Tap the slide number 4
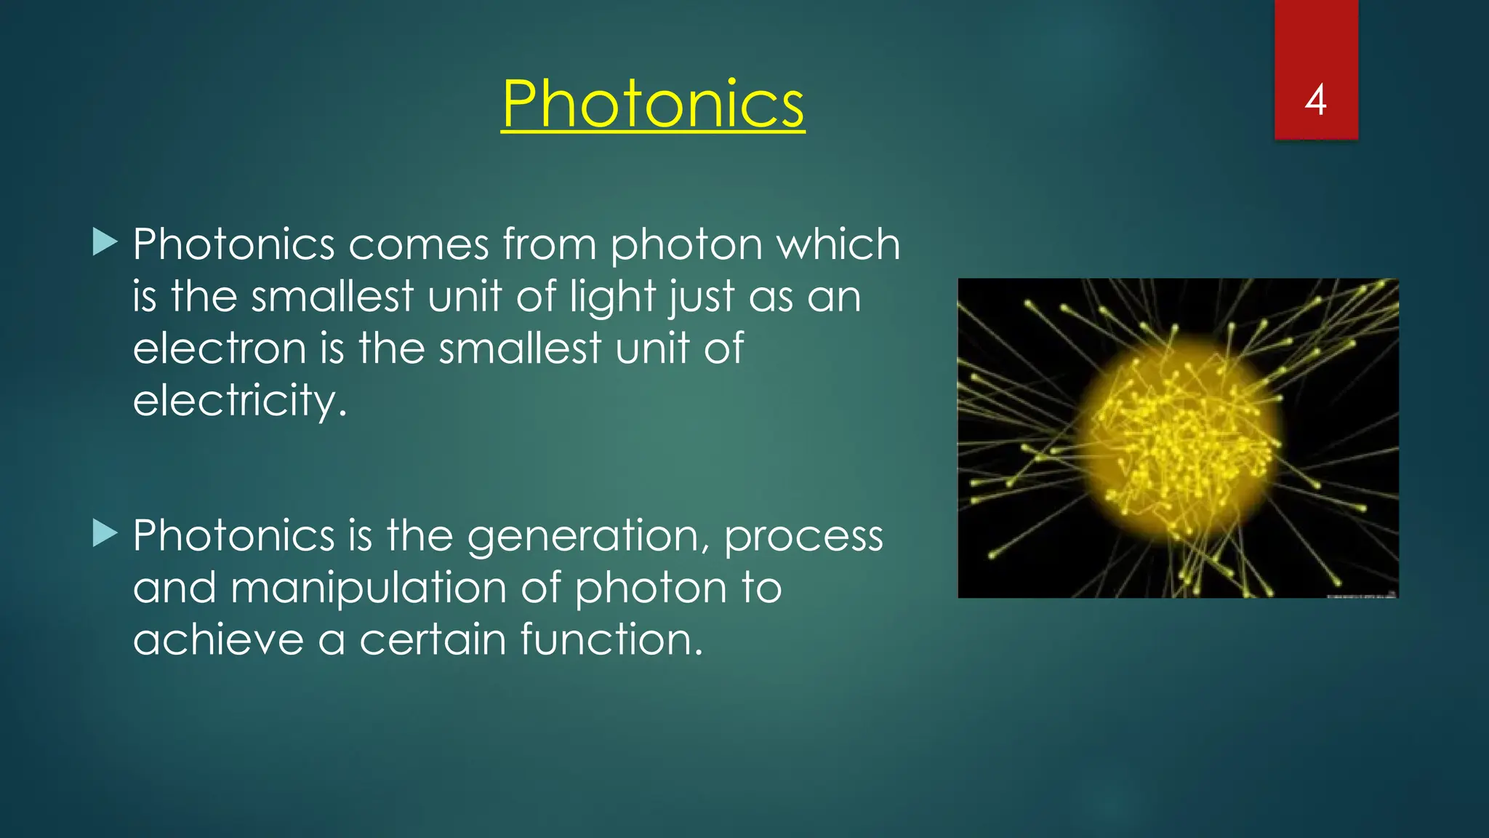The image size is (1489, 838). point(1315,100)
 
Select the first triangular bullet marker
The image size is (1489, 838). point(105,242)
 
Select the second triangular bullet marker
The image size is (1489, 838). point(105,533)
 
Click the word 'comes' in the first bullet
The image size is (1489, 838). point(418,244)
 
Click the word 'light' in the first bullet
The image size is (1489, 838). point(613,297)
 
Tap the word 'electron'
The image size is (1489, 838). point(220,348)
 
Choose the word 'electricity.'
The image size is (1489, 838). point(240,401)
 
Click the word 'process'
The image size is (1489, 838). point(803,537)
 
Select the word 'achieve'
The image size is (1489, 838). point(218,639)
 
